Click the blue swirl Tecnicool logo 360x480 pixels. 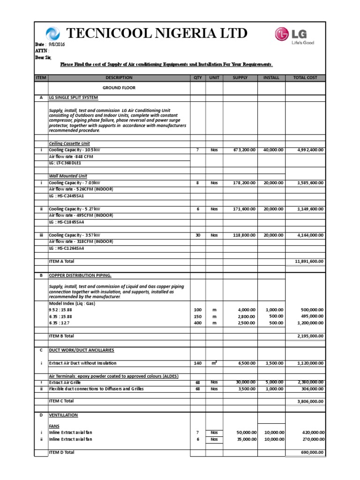tap(53, 34)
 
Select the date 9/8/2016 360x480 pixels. tap(55, 44)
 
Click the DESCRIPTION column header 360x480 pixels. tap(119, 78)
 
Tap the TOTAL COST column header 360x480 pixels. tap(305, 78)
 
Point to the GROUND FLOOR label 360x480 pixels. tap(119, 88)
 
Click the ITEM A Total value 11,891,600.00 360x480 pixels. tap(309, 261)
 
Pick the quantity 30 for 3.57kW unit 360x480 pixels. tap(197, 235)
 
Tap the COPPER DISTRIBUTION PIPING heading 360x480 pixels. tap(80, 276)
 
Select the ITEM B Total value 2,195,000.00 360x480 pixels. tap(310, 336)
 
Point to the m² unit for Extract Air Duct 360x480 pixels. tap(214, 363)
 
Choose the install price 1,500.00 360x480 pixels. tap(274, 363)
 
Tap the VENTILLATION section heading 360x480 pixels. tap(63, 415)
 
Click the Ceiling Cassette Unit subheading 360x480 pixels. tap(69, 143)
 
